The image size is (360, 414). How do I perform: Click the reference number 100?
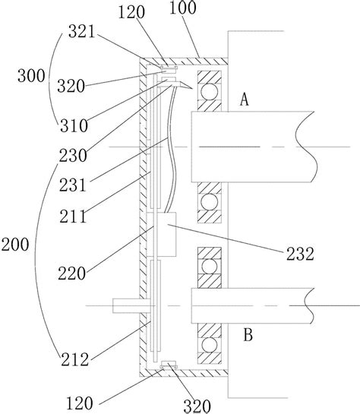click(182, 8)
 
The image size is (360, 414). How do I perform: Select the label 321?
click(81, 32)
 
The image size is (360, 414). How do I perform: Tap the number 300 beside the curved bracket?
click(31, 76)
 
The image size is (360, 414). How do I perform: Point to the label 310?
click(74, 125)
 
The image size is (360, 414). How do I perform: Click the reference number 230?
click(73, 156)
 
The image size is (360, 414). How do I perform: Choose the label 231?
click(73, 185)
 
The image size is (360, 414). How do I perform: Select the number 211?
click(73, 216)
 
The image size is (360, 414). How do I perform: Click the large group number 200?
click(15, 245)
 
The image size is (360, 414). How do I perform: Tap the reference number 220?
click(72, 273)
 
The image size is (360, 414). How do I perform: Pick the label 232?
click(300, 254)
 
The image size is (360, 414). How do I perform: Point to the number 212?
click(74, 359)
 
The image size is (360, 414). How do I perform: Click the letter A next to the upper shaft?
click(245, 100)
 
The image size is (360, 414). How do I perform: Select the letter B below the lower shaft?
click(248, 335)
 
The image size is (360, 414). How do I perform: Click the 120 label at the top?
click(131, 12)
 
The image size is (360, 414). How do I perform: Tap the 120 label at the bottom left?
click(80, 403)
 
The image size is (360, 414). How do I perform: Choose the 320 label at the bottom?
click(197, 406)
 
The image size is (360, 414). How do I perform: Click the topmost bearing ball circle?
click(210, 91)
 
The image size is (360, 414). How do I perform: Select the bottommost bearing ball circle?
click(210, 345)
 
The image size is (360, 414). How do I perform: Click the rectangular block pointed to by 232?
click(166, 234)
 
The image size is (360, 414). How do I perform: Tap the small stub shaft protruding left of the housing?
click(126, 305)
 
